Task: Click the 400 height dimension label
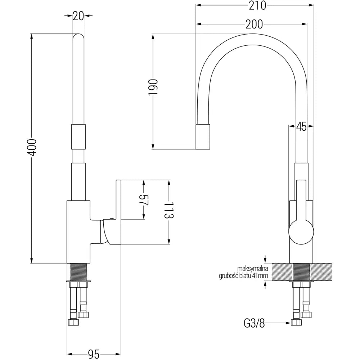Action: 33,147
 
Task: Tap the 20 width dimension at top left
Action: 78,15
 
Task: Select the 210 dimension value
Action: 256,5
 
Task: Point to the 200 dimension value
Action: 254,24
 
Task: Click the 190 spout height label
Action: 153,87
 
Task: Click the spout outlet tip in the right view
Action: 203,137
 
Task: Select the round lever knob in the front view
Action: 301,231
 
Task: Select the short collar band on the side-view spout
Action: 79,136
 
